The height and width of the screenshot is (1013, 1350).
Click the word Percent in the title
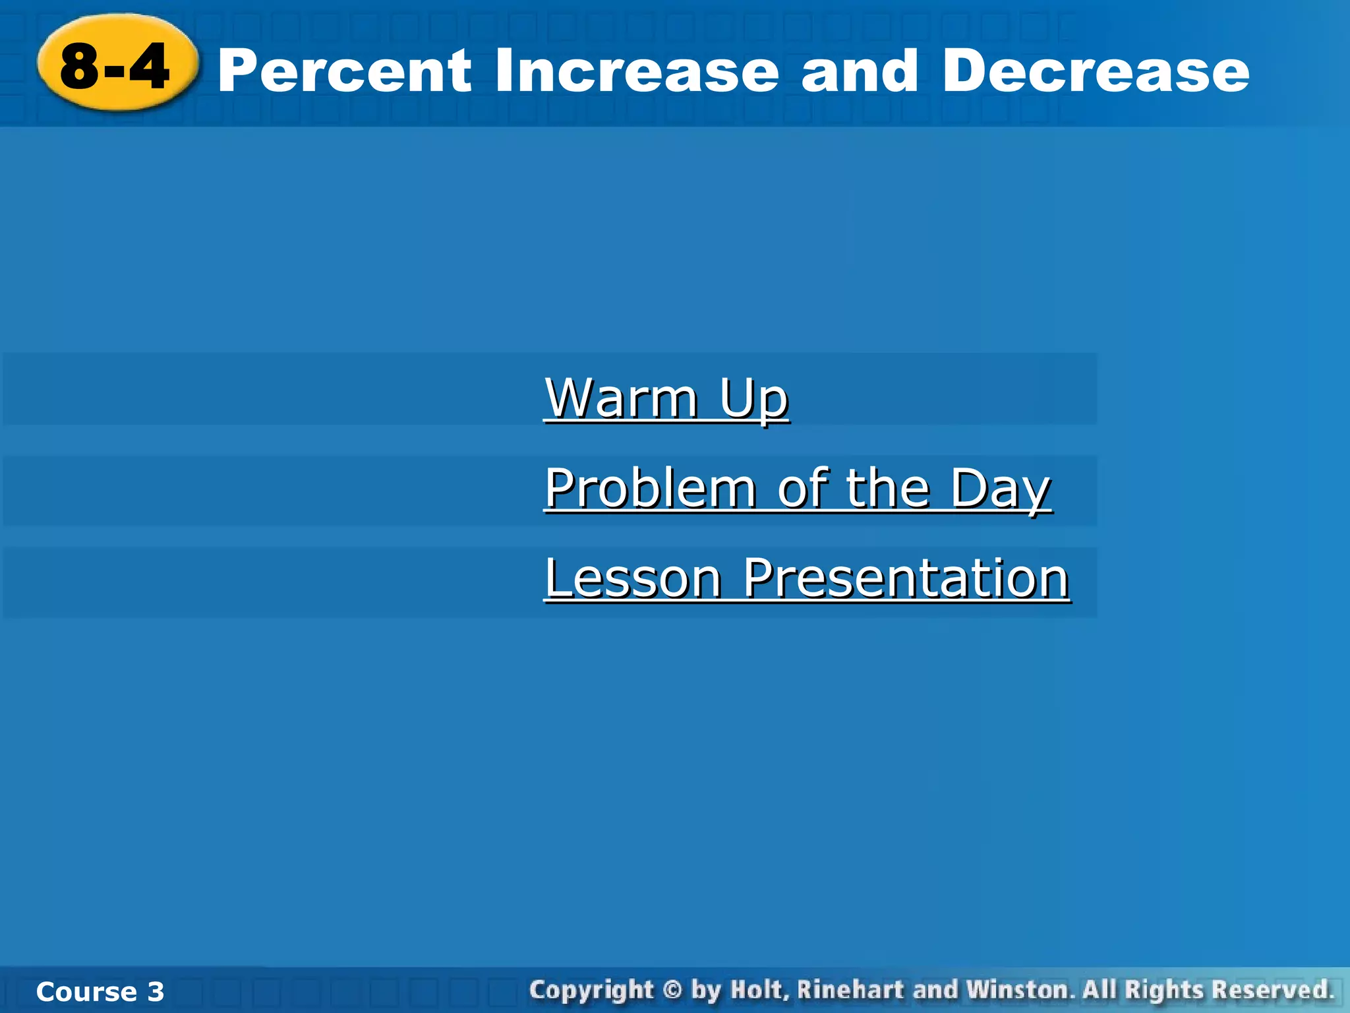344,71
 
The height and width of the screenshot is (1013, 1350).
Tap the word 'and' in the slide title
859,71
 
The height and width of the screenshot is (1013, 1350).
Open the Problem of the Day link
797,488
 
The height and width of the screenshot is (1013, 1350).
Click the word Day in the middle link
1000,488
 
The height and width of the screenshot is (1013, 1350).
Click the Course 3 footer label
100,991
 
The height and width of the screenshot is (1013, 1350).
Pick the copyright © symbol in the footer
672,990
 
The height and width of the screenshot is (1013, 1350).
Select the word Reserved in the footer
1272,990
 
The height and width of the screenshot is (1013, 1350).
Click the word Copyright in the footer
591,990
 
